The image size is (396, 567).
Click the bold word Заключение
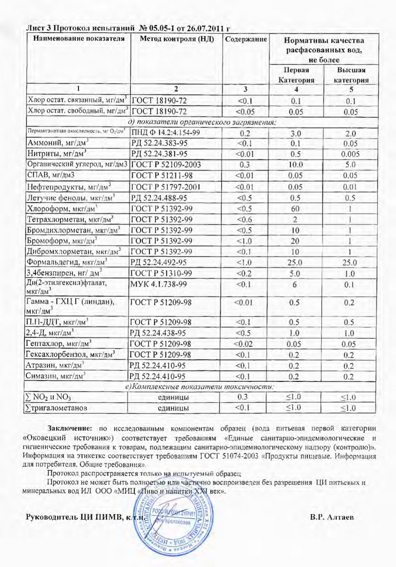tap(70, 429)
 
